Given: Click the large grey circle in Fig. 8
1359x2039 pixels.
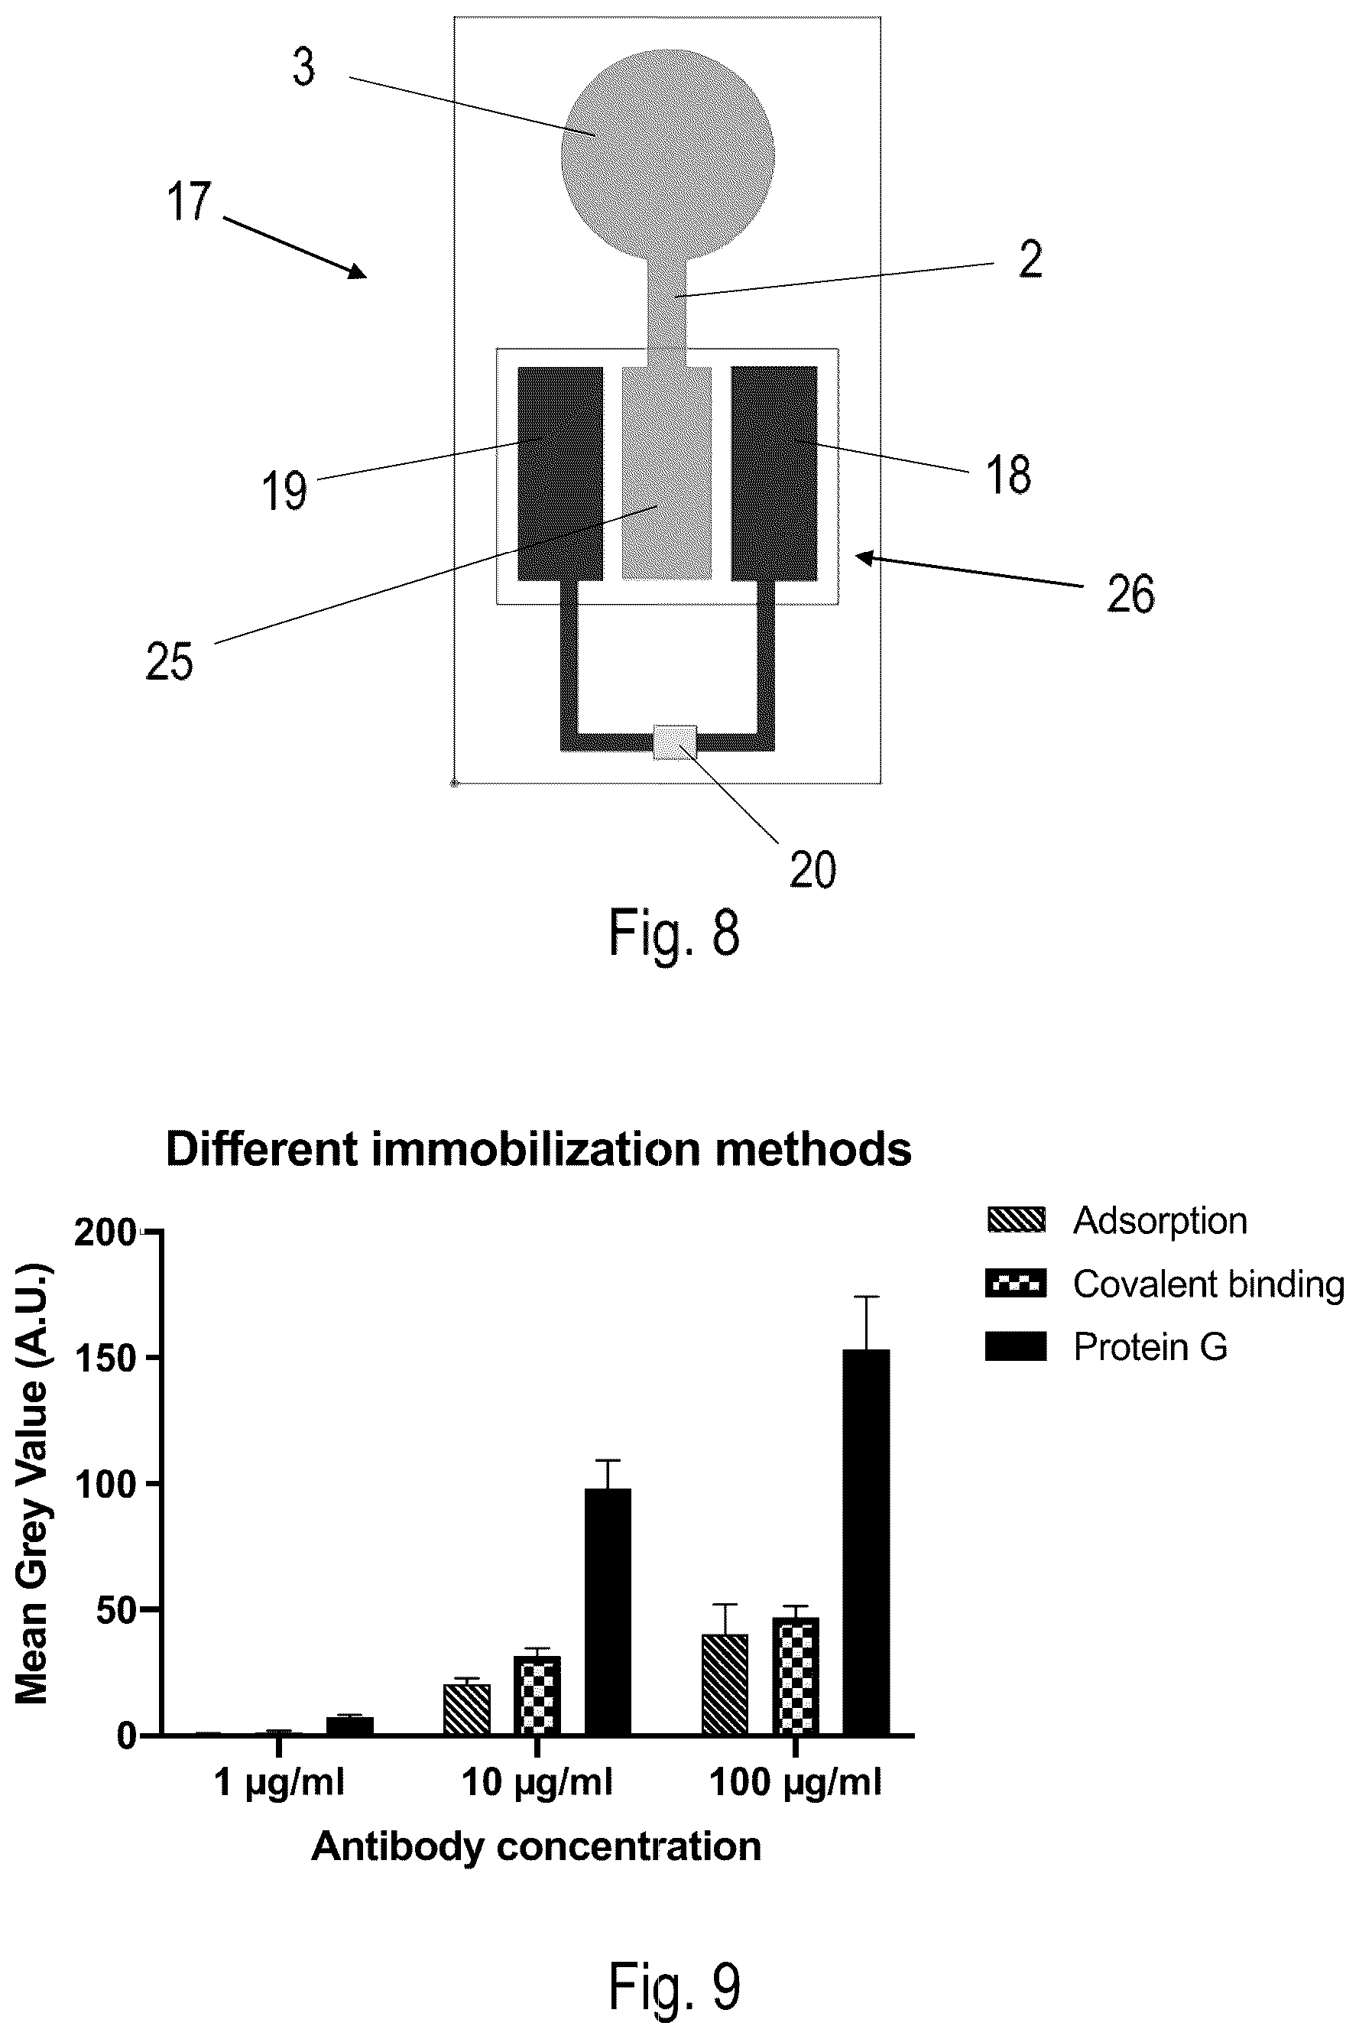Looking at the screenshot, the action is [x=667, y=156].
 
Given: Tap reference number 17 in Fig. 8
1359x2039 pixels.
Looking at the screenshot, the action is [x=189, y=201].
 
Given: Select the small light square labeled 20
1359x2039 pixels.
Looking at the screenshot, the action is [x=675, y=742].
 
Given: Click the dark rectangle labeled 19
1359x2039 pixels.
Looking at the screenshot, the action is [x=560, y=473].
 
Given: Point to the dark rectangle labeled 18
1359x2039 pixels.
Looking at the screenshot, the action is [x=774, y=473].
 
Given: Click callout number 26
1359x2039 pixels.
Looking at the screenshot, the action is [x=1130, y=595].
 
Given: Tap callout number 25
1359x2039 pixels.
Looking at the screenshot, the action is [x=170, y=661].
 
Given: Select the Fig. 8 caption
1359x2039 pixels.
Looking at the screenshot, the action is [x=674, y=933].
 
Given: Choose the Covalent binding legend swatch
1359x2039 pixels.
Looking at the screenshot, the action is [x=1016, y=1283].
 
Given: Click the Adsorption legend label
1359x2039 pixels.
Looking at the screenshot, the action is [x=1160, y=1221].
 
